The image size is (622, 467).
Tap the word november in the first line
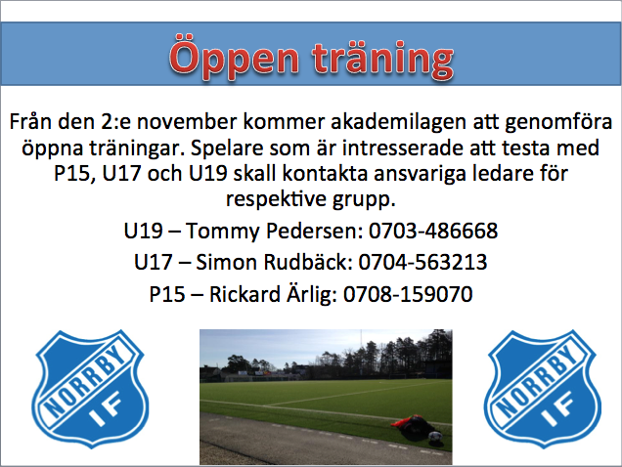coord(187,122)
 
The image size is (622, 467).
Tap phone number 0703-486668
coord(433,231)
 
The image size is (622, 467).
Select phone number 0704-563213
coord(422,262)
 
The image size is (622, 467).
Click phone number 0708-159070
coord(408,294)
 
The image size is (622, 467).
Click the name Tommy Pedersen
coord(274,232)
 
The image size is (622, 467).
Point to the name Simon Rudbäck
coord(274,262)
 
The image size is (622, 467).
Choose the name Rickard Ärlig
coord(273,294)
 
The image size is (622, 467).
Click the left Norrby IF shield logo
coord(90,389)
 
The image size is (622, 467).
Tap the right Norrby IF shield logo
coord(542,389)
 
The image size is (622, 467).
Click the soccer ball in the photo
coord(435,438)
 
